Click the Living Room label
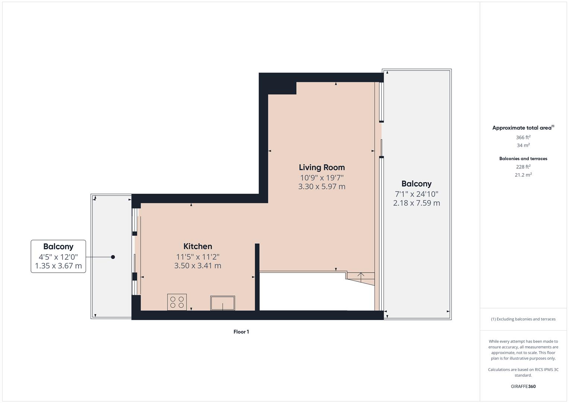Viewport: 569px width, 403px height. click(x=322, y=167)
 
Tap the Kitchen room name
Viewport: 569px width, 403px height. click(x=197, y=246)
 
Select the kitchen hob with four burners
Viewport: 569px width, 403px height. click(x=177, y=302)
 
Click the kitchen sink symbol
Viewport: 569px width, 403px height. click(x=222, y=303)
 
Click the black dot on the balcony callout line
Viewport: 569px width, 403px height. click(x=113, y=257)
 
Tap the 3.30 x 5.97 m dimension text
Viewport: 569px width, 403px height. click(x=322, y=187)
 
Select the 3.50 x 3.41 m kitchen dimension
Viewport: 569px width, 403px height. click(x=197, y=266)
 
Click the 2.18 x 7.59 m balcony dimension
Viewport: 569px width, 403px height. click(x=416, y=203)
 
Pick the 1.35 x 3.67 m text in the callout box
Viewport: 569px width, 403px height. click(x=58, y=266)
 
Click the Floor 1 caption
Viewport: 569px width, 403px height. click(x=241, y=332)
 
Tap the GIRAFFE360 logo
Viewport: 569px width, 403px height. click(x=523, y=386)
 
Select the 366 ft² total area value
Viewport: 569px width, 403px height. click(x=523, y=137)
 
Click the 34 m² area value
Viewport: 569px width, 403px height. click(x=523, y=145)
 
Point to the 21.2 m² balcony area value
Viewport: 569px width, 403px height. click(x=523, y=175)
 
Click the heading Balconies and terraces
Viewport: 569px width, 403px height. click(x=523, y=159)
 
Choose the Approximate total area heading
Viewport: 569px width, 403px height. click(x=522, y=128)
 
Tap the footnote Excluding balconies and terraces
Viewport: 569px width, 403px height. click(x=523, y=319)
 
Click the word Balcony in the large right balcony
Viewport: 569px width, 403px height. click(x=416, y=184)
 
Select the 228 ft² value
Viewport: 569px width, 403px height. click(x=523, y=167)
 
